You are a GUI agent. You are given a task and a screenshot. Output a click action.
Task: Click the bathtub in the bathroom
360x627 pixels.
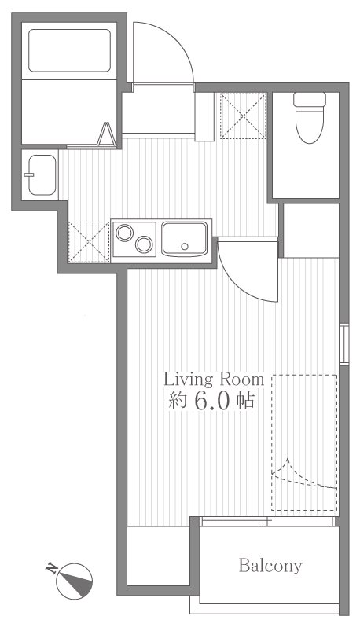69,51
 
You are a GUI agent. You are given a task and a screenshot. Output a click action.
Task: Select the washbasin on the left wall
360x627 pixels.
39,174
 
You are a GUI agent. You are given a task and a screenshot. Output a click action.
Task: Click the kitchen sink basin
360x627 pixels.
185,237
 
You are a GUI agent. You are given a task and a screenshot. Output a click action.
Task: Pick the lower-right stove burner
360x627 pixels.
143,244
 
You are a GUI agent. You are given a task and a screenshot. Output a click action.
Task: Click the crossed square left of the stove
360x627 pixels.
88,239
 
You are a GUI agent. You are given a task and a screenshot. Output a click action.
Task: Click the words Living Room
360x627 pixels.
213,378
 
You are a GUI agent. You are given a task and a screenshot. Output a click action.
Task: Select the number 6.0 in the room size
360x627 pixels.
210,401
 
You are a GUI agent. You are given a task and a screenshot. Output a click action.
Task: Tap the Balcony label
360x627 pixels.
270,566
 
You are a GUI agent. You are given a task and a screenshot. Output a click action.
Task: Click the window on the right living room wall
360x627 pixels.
343,343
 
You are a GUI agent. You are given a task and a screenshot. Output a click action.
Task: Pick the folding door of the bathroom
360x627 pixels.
105,136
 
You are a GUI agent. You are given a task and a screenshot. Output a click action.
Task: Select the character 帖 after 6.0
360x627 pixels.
244,401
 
